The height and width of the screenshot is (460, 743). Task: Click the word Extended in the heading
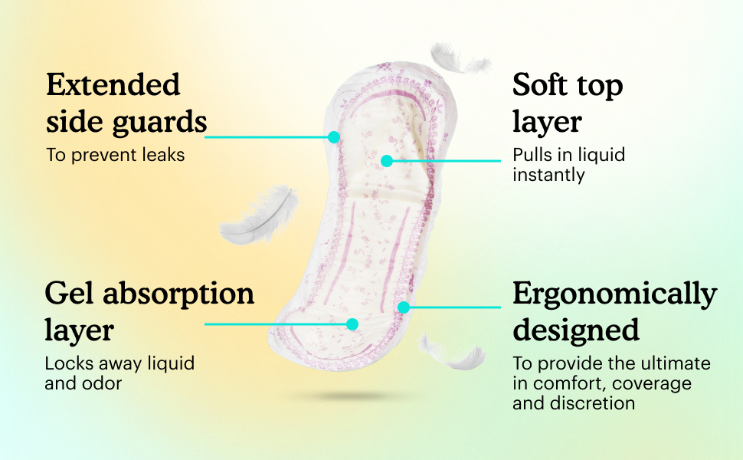click(x=113, y=84)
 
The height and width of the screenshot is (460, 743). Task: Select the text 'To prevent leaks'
click(x=115, y=154)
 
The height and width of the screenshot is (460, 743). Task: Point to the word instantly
click(x=548, y=175)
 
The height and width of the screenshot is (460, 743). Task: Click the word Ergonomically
click(x=614, y=294)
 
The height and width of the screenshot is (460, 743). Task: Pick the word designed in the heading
click(x=576, y=330)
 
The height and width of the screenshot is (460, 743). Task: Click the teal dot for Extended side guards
click(x=334, y=137)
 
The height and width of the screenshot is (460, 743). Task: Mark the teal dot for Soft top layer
click(x=387, y=161)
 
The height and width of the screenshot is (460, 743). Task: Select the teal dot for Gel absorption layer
click(x=352, y=324)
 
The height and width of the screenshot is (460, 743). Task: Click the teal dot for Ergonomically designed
click(x=404, y=307)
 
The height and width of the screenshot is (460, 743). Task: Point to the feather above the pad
click(x=457, y=60)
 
